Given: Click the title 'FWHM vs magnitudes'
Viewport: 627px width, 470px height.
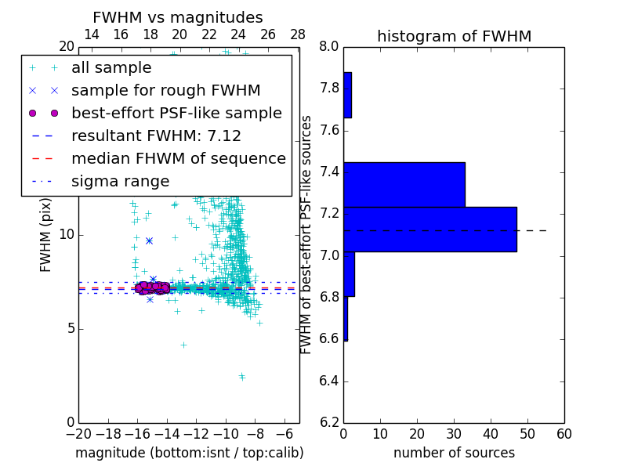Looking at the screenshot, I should [177, 18].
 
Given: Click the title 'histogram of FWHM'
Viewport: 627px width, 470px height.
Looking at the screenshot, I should [454, 36].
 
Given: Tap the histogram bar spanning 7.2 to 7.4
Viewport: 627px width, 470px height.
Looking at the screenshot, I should [404, 184].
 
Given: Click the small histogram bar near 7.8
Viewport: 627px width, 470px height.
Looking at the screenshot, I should [347, 95].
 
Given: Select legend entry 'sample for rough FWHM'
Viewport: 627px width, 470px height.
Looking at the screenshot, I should [165, 91].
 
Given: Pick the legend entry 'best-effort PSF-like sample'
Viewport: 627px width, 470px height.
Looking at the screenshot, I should [176, 114].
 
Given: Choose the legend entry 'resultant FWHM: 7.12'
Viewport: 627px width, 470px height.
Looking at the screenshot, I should [156, 136].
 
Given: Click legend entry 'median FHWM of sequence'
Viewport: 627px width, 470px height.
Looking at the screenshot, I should [178, 159].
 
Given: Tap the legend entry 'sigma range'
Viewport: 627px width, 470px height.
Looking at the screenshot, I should [120, 182].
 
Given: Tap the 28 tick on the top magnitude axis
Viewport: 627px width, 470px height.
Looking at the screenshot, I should [298, 35].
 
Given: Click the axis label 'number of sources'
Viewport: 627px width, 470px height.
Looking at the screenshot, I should [454, 454].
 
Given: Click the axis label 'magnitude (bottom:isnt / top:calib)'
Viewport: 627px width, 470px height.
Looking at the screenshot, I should [189, 454].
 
